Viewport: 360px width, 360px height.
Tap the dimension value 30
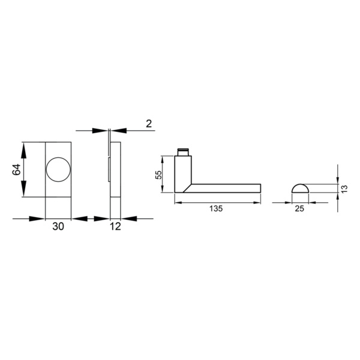click(x=58, y=226)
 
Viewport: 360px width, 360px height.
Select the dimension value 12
click(x=116, y=226)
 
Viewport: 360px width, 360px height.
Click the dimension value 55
click(x=159, y=174)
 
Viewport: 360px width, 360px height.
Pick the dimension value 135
click(x=217, y=209)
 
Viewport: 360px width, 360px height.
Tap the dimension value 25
click(x=299, y=209)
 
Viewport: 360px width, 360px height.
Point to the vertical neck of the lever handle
click(x=183, y=171)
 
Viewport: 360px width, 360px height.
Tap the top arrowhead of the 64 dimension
click(x=24, y=146)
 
